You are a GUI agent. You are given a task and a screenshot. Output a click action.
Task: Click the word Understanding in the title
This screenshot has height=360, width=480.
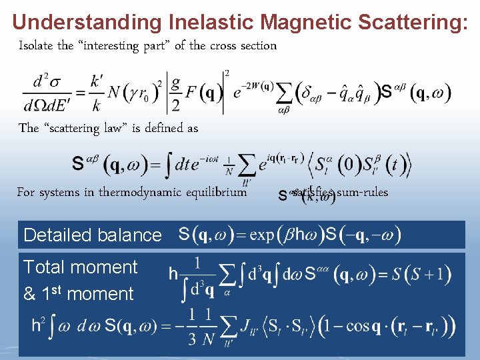click(87, 22)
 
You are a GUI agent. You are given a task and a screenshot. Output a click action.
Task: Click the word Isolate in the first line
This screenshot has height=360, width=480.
click(36, 46)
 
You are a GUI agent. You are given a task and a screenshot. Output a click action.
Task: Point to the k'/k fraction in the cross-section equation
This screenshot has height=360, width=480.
click(97, 92)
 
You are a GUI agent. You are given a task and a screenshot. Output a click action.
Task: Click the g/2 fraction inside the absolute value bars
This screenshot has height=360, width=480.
click(175, 92)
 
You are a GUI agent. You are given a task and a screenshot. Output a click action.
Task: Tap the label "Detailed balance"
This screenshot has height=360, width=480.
click(92, 235)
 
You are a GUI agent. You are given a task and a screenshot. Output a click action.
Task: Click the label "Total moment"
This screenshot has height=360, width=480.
click(80, 267)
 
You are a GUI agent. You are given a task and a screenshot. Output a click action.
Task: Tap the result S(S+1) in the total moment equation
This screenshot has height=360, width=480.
click(421, 273)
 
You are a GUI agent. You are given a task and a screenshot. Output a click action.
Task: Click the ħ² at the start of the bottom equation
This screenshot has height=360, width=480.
click(39, 325)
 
